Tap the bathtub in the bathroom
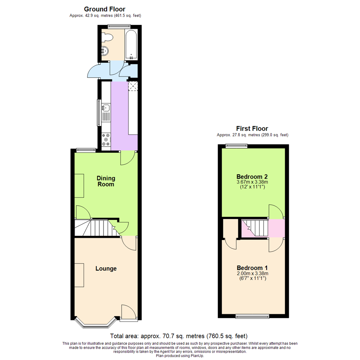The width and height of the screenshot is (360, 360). click(x=131, y=44)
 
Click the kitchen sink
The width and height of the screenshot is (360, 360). click(x=106, y=108)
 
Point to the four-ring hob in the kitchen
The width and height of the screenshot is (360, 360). click(x=106, y=140)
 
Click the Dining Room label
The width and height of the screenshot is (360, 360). click(x=106, y=181)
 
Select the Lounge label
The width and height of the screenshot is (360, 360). click(x=106, y=268)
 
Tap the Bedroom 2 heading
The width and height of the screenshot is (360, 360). click(x=252, y=177)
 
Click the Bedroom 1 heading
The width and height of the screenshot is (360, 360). click(x=252, y=268)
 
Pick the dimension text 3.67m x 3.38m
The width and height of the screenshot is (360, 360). click(x=252, y=182)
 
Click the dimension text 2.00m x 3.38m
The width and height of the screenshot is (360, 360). click(x=252, y=273)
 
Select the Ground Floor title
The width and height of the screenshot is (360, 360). click(x=105, y=9)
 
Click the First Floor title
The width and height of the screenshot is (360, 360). click(x=252, y=128)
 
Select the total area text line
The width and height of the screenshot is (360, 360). click(x=179, y=336)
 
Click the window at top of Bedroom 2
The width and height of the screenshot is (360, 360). click(x=236, y=145)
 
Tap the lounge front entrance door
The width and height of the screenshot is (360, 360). click(x=128, y=313)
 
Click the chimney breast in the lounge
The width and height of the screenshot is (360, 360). click(x=79, y=275)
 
